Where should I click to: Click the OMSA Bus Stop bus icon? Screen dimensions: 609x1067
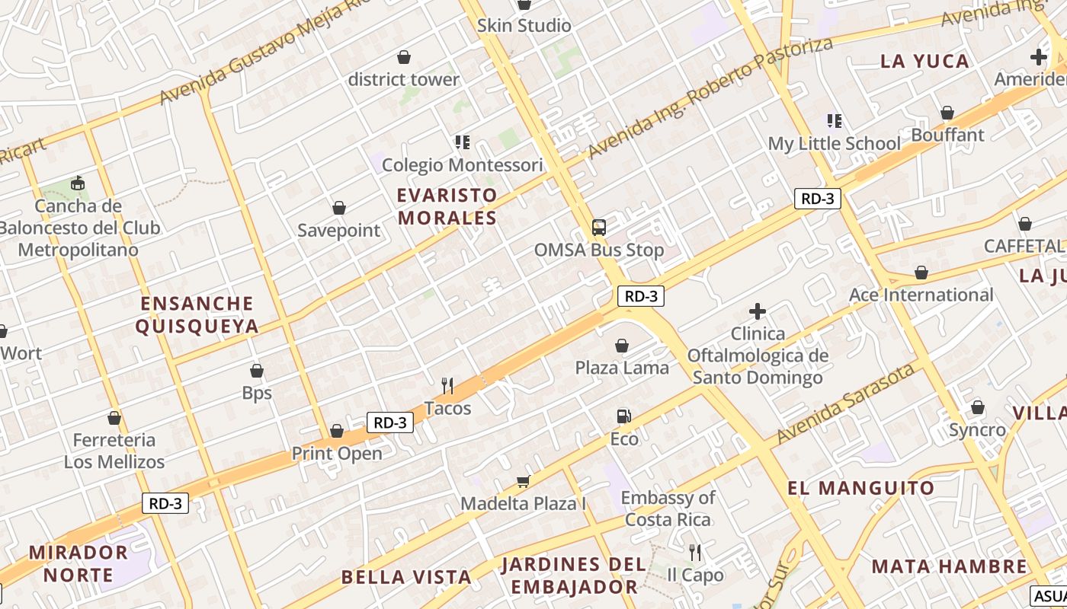[599, 227]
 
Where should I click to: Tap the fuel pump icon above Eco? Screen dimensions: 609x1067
[623, 416]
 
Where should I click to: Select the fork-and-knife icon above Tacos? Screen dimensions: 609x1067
[447, 386]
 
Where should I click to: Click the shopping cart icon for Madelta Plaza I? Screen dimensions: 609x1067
[523, 480]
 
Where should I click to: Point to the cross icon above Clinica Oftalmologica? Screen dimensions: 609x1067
[757, 311]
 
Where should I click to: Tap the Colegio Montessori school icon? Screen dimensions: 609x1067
[462, 142]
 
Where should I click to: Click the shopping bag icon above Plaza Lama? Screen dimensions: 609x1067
[622, 346]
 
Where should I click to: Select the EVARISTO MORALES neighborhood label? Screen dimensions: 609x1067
[447, 206]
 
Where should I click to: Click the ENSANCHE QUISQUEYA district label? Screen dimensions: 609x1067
[197, 314]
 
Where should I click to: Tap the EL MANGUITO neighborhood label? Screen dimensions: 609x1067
[860, 488]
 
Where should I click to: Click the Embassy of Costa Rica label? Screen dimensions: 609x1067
[668, 509]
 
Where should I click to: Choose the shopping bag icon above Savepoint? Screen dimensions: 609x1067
[338, 208]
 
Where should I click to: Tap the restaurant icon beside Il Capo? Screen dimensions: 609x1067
[694, 552]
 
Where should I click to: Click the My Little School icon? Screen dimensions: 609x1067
[835, 121]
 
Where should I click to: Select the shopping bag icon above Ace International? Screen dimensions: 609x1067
[921, 273]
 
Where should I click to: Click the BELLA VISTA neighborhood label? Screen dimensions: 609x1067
[396, 576]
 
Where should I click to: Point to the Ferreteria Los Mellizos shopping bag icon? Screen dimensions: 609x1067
[114, 418]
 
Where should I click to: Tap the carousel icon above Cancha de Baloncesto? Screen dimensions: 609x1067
[77, 183]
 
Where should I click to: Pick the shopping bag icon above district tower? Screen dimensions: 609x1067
[403, 57]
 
